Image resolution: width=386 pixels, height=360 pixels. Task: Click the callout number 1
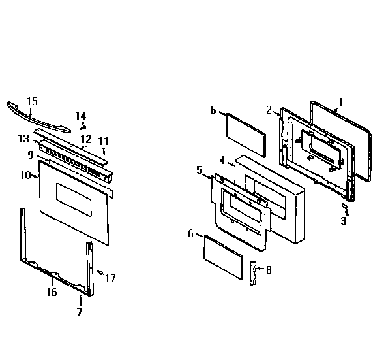tap(340, 102)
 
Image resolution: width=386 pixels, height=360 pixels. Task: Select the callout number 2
tap(268, 109)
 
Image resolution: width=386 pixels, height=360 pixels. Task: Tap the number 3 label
tap(344, 221)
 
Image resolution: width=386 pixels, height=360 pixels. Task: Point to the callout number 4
tap(222, 159)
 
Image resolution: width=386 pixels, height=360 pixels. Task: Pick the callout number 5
tap(200, 170)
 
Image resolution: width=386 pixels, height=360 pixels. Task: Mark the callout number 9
tap(30, 155)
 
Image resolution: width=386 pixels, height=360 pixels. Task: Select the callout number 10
tap(25, 175)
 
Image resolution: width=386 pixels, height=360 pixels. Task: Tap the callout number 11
tap(104, 140)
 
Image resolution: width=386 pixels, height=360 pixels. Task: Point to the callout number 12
tap(85, 139)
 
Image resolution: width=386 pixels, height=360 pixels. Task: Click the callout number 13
tap(23, 139)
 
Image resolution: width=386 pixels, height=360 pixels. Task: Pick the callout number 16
tap(51, 292)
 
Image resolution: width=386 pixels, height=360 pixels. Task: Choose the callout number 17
tap(111, 278)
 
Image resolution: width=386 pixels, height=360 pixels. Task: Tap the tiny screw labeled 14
tap(82, 126)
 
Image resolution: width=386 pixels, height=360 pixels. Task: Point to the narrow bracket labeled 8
tap(254, 270)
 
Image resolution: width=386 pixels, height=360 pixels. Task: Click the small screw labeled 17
tap(98, 271)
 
